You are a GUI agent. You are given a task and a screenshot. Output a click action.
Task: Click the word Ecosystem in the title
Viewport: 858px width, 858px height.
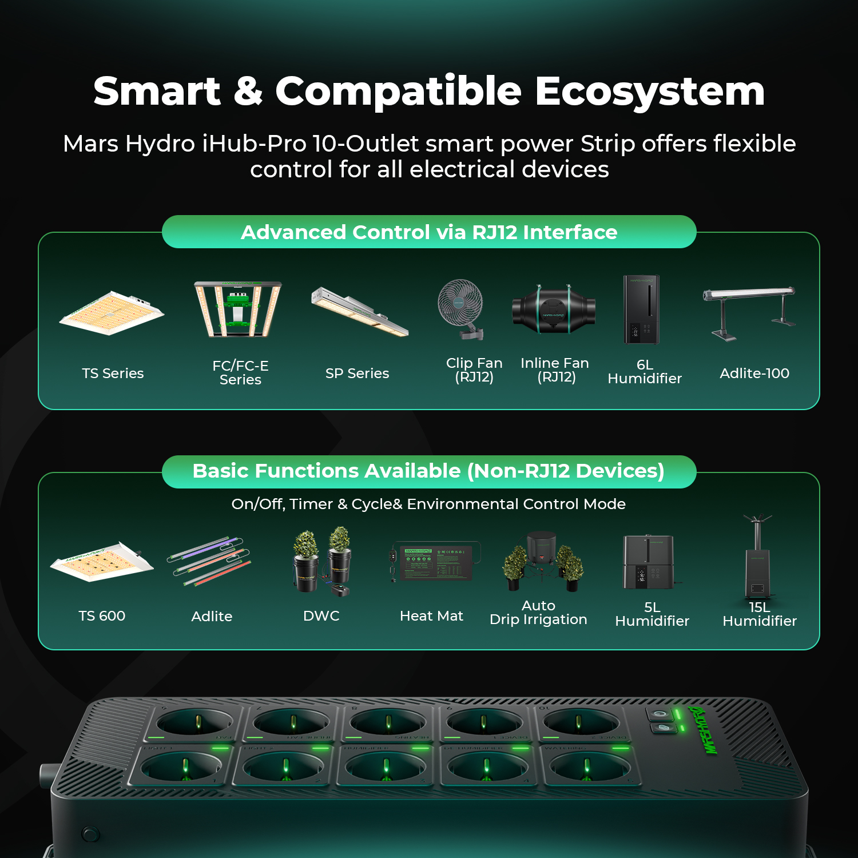[x=650, y=93]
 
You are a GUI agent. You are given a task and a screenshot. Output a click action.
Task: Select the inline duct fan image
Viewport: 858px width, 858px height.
[x=553, y=309]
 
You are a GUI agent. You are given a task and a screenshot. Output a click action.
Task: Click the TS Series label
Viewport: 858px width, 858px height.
[x=113, y=374]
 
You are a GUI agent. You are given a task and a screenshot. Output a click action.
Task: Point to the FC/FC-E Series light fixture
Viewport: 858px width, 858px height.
[x=238, y=309]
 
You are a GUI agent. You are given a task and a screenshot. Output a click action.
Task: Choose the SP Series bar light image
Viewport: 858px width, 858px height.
[x=359, y=312]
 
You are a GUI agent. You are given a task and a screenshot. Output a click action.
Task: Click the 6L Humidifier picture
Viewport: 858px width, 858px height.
[x=641, y=309]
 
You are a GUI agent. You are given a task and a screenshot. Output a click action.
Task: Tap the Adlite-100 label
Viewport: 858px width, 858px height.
[x=754, y=374]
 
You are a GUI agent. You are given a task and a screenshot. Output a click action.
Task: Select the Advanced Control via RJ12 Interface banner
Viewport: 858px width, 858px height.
[x=429, y=232]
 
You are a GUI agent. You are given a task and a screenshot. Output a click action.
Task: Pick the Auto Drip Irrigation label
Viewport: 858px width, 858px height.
[x=538, y=613]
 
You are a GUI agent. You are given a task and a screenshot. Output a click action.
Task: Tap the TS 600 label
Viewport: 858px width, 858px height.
[x=102, y=616]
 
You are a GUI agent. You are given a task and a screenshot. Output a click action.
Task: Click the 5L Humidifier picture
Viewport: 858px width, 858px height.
[x=649, y=563]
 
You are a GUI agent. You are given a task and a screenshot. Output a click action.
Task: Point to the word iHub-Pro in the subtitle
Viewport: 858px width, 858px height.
[x=254, y=144]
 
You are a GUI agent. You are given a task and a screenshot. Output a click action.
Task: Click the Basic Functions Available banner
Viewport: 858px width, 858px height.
[x=429, y=471]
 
